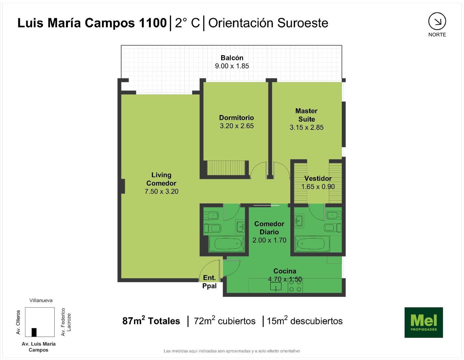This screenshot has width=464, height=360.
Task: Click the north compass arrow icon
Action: point(437,21)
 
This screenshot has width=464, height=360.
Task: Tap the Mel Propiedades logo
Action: point(424,322)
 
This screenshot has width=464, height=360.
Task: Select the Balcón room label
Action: point(232,58)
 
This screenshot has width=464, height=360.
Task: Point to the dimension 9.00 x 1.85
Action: point(232,66)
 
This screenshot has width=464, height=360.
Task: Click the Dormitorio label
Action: point(236,118)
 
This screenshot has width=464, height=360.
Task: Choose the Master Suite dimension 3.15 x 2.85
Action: point(306,127)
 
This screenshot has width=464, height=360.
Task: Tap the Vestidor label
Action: point(318,178)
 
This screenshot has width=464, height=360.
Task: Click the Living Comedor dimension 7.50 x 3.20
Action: point(162,191)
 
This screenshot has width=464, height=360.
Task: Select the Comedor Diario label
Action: point(269,228)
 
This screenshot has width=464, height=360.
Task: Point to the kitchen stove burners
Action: point(295,286)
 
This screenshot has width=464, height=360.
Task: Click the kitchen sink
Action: point(276,287)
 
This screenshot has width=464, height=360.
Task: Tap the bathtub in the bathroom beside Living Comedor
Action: point(226,244)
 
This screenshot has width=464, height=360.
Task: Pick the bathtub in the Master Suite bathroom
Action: point(312,244)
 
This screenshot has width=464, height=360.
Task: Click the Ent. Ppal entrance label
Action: point(209,282)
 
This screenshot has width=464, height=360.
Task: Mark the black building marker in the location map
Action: point(34,332)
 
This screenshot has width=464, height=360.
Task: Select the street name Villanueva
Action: point(41,300)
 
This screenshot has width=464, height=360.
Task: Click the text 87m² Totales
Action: point(151,321)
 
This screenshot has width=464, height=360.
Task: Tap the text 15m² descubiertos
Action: point(304,321)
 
